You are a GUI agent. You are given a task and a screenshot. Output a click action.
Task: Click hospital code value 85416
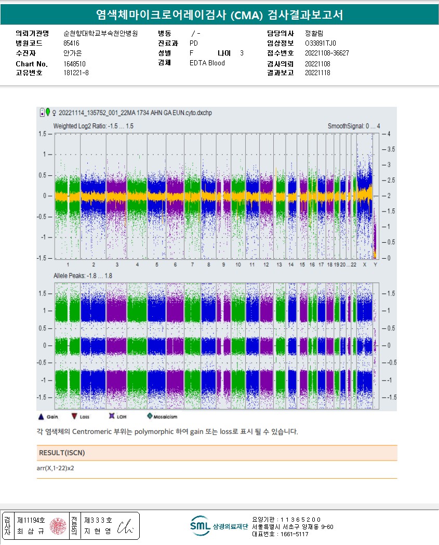coord(71,43)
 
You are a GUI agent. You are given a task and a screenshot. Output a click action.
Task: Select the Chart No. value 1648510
coord(74,64)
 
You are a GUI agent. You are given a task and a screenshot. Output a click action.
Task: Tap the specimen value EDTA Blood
coord(207,63)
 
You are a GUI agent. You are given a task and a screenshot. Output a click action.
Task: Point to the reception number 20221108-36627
coord(327,53)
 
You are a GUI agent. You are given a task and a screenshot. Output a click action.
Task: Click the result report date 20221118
coord(317,73)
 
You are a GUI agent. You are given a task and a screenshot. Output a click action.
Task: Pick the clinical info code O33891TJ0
coord(321,43)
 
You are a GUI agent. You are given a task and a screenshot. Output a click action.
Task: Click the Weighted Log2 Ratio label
coord(94,126)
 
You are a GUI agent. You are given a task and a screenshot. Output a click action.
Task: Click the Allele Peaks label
coord(83,276)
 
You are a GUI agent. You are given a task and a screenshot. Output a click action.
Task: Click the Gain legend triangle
coord(41,416)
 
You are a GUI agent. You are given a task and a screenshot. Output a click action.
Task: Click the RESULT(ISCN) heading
coord(62,453)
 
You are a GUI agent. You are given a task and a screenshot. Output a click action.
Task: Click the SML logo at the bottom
coord(200,525)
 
